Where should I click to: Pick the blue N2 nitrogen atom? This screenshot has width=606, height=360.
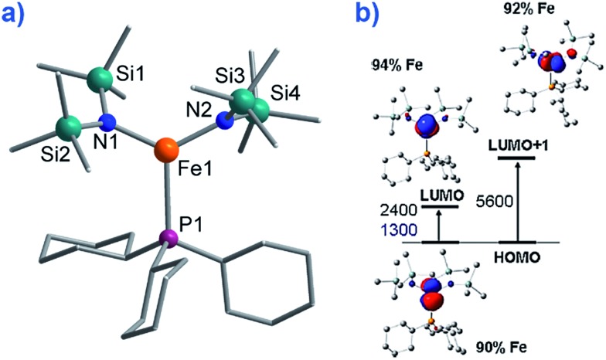[x=223, y=120]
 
